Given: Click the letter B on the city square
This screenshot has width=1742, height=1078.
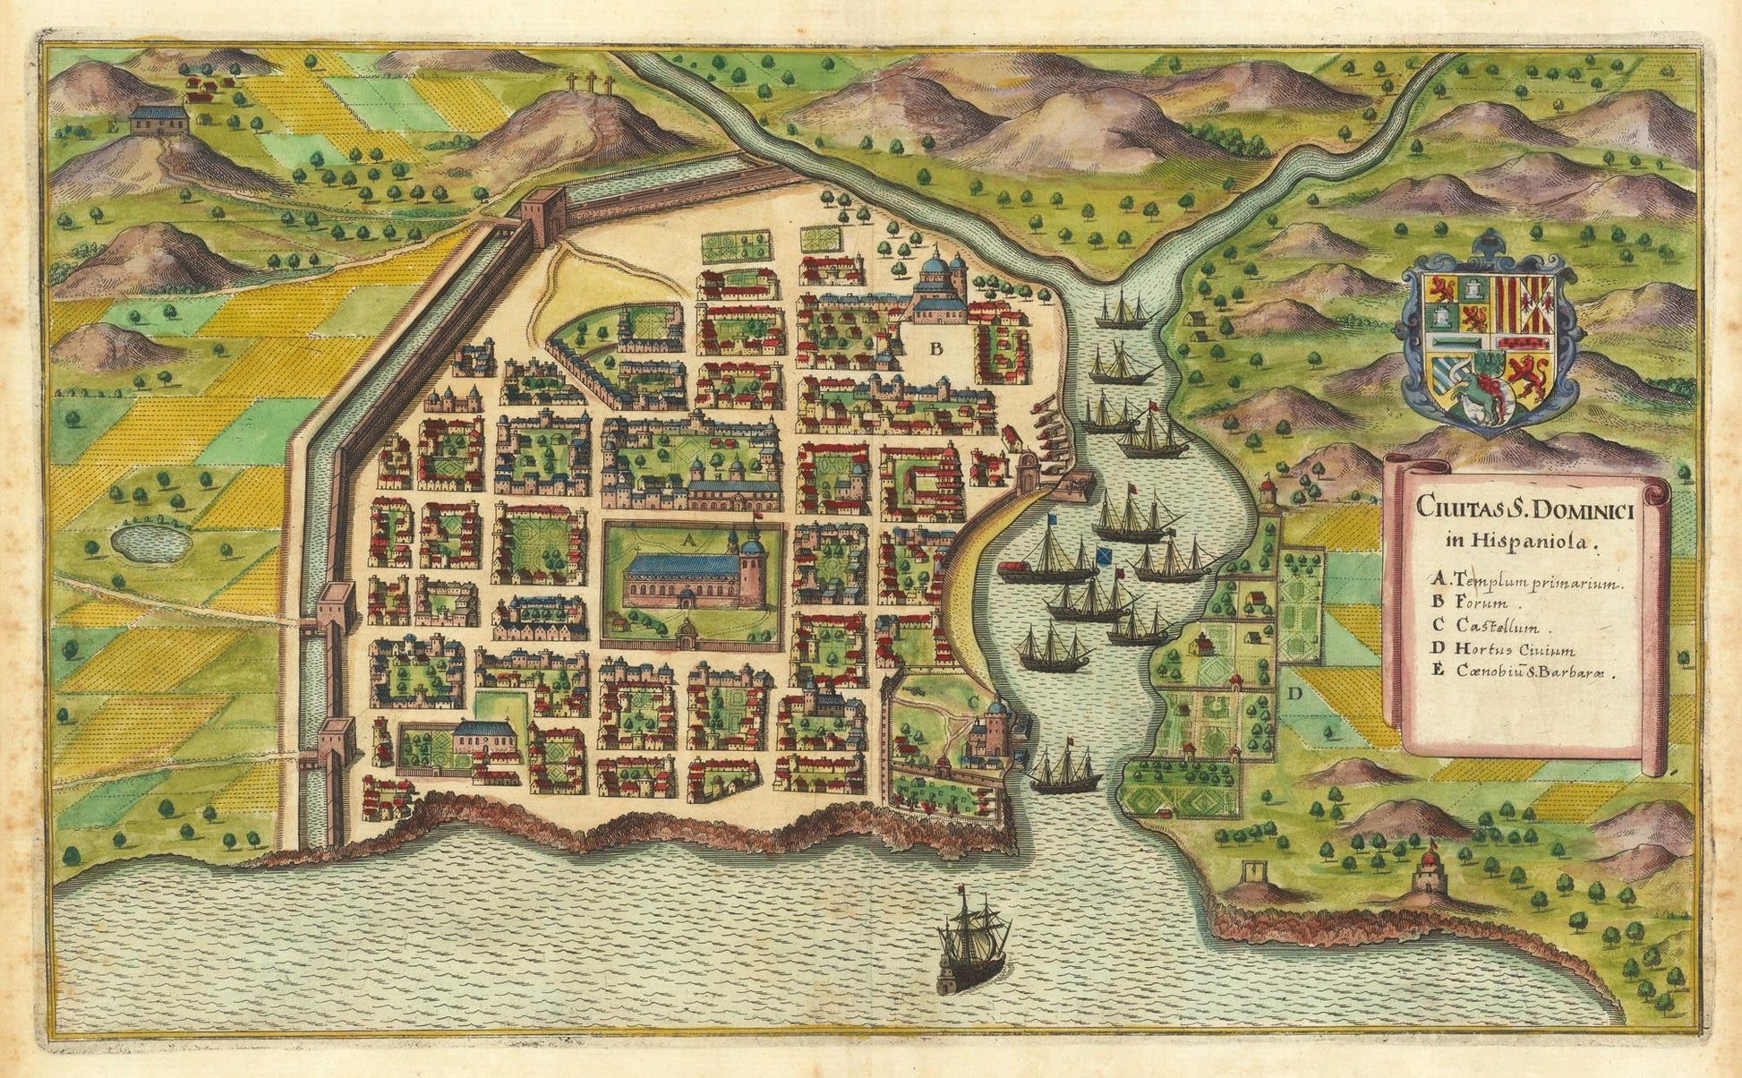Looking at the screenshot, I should tap(936, 349).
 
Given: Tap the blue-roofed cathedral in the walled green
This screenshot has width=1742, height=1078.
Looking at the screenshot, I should tap(689, 577).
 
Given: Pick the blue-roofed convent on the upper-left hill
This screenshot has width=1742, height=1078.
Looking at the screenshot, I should tap(158, 120).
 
